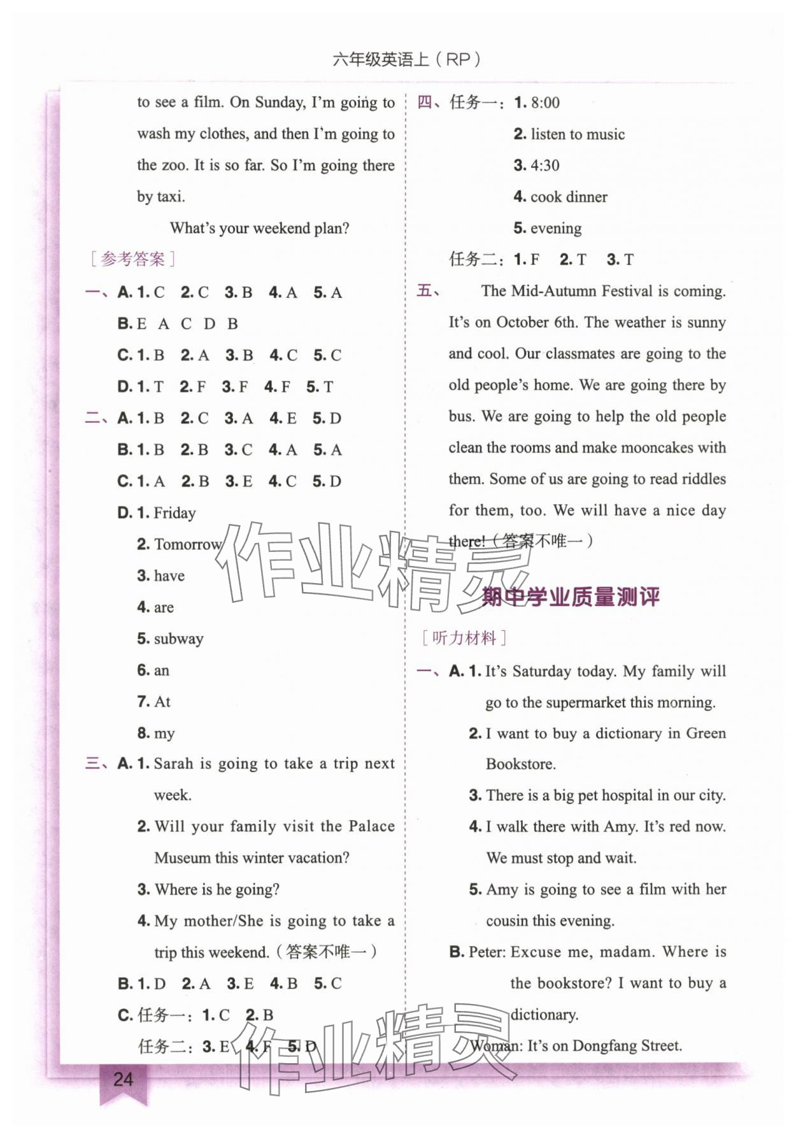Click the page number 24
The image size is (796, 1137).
(123, 1078)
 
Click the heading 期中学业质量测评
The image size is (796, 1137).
(570, 597)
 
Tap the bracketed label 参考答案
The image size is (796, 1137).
(132, 259)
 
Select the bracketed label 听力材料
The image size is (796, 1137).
(464, 638)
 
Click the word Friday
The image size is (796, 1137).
(174, 513)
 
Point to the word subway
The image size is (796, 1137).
(178, 639)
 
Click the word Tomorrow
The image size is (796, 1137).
(188, 544)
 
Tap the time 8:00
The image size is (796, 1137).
(545, 102)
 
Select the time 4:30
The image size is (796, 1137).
(545, 166)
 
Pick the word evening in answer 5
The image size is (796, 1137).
(556, 228)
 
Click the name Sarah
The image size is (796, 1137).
(173, 763)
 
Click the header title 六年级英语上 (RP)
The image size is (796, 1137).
(406, 59)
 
